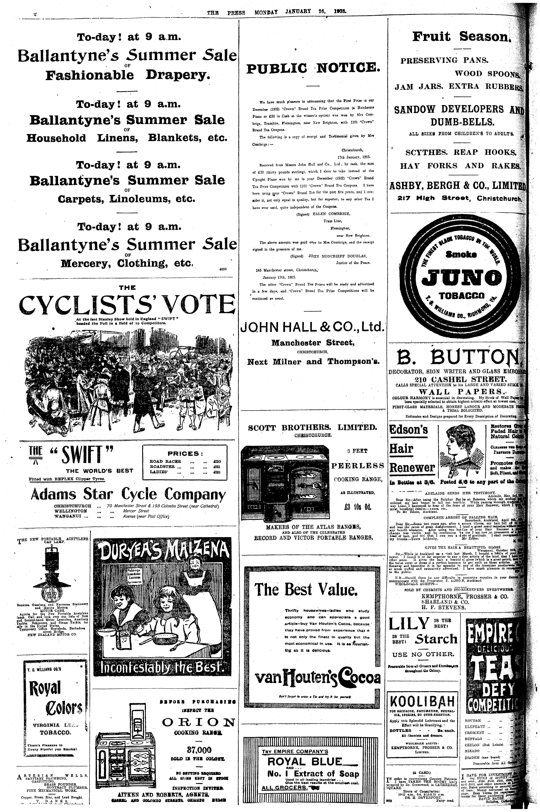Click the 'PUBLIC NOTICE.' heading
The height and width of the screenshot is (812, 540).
coord(313,68)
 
